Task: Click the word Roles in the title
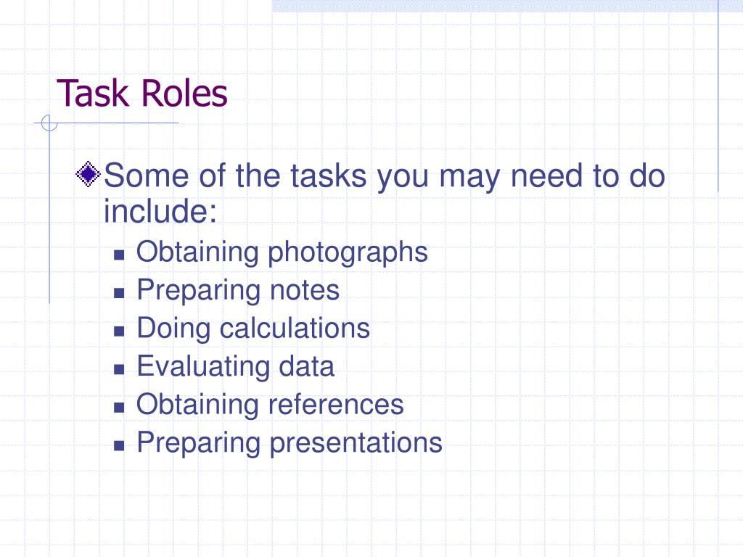tap(184, 94)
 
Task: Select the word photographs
tap(348, 252)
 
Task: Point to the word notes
tap(304, 290)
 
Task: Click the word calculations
tap(295, 328)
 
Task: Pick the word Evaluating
tap(202, 366)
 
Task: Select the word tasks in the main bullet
tap(330, 176)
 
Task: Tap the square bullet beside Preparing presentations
tap(120, 444)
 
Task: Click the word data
tap(306, 366)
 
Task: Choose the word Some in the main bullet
tap(149, 176)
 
